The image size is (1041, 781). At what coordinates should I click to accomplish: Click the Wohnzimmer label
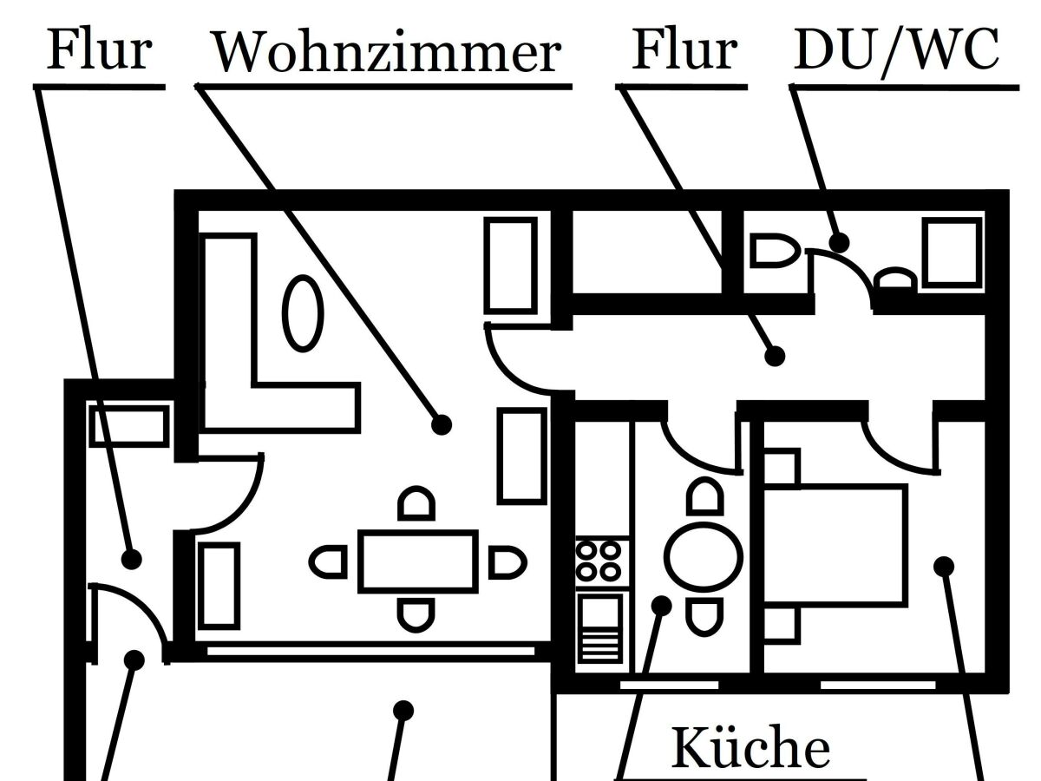(387, 52)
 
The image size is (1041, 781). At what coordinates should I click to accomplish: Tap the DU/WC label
(896, 50)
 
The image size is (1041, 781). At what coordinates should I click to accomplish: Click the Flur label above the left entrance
(99, 49)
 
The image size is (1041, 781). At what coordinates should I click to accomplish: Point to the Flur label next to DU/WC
(684, 49)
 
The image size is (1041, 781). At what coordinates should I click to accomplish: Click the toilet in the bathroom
(773, 252)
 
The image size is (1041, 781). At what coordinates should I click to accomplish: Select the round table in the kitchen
(704, 555)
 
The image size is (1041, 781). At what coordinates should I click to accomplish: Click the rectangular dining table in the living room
(418, 561)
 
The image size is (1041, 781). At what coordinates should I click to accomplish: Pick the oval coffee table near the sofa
(304, 312)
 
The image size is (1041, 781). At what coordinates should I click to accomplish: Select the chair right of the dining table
(507, 561)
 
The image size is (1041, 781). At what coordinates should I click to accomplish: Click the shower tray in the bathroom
(952, 252)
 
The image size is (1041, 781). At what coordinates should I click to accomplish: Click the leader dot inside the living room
(442, 424)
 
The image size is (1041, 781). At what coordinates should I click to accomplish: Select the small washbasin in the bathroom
(894, 280)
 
